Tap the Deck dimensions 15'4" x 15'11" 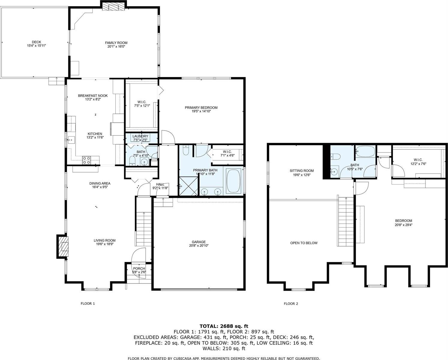point(36,46)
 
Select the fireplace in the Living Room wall point(63,246)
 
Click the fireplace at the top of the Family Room point(113,6)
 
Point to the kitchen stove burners point(87,160)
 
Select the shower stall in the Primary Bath point(188,186)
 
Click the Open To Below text point(303,243)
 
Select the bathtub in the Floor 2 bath point(365,151)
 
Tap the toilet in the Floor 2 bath point(335,157)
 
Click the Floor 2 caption point(291,304)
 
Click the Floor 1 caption point(88,304)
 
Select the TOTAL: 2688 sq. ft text point(224,326)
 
